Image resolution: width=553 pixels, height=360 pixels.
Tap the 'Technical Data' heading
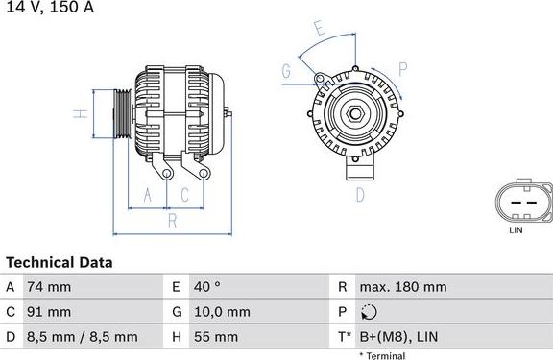(x=59, y=262)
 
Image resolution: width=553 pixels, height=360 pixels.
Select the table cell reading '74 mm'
(x=50, y=287)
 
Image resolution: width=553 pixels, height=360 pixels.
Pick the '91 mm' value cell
(x=50, y=312)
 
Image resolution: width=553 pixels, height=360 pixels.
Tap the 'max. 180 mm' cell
(x=402, y=287)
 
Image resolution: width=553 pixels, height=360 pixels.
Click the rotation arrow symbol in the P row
(x=372, y=312)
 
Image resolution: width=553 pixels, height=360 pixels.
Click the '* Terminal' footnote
(x=382, y=355)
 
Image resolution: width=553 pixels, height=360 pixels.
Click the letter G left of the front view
(x=286, y=70)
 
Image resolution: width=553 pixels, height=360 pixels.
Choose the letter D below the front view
(x=360, y=195)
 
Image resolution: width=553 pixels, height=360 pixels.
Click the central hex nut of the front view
(x=355, y=115)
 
